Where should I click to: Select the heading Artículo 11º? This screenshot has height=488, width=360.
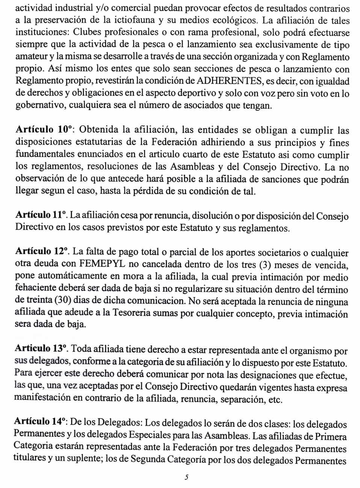(41, 215)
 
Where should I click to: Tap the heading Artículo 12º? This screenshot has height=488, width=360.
(42, 252)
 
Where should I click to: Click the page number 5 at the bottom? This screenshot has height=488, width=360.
(186, 477)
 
